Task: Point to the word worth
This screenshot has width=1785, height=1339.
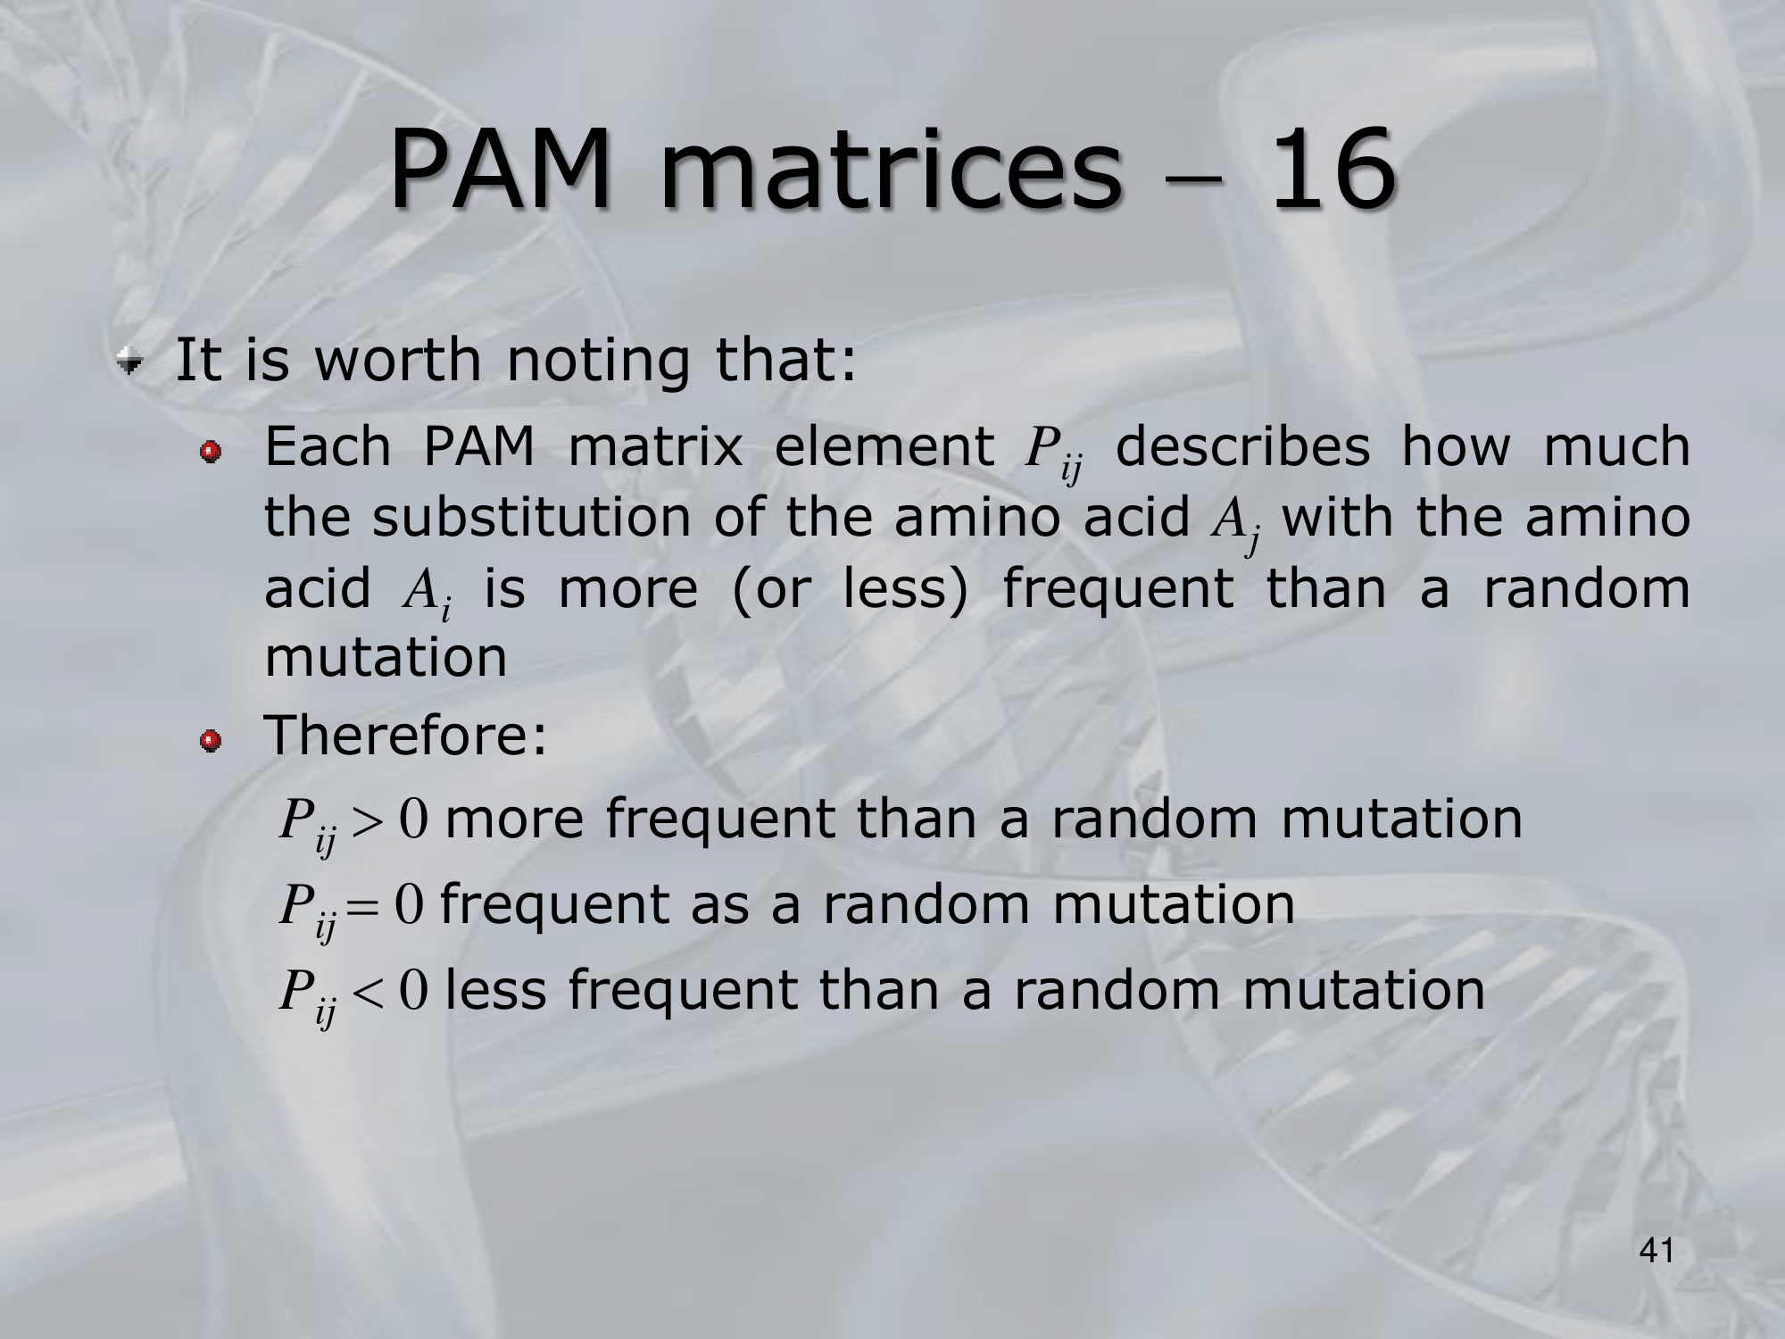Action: tap(398, 360)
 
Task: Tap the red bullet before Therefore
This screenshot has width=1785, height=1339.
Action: tap(210, 740)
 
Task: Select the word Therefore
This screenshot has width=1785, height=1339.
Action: tap(406, 736)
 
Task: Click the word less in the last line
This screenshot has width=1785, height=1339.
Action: tap(495, 990)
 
